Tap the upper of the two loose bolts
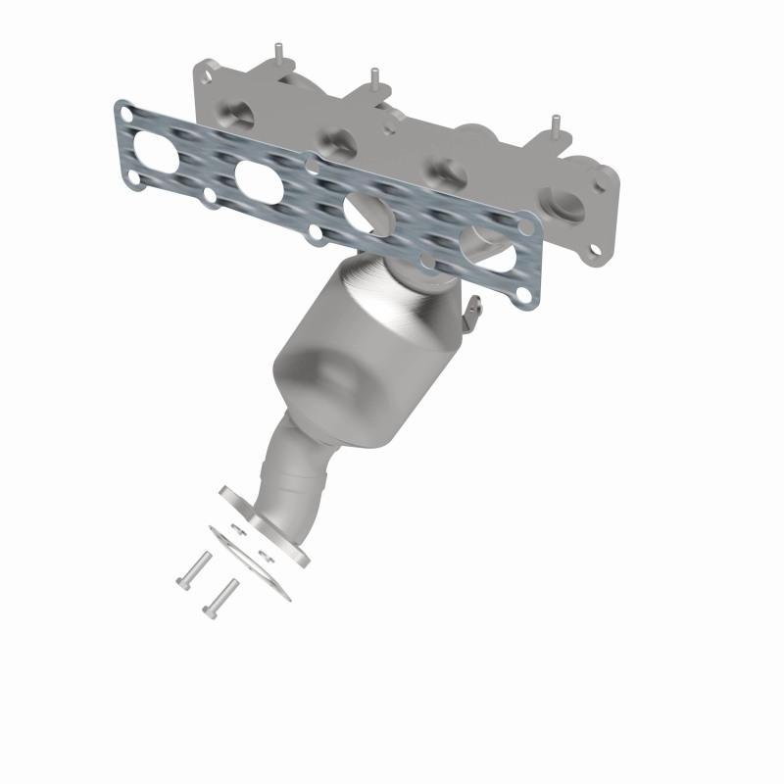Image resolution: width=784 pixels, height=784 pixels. (x=193, y=568)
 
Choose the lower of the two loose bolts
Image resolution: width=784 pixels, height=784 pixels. (x=220, y=597)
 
